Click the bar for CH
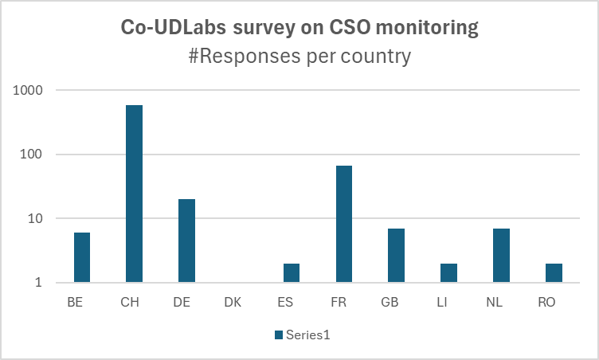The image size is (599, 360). [x=134, y=194]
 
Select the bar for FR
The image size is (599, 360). [x=343, y=224]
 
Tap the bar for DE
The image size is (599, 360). [x=186, y=241]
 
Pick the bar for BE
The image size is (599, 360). [x=82, y=257]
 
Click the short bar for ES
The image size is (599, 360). [x=292, y=272]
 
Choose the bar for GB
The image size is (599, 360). [x=396, y=255]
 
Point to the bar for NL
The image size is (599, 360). [x=501, y=255]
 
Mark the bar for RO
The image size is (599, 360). [x=554, y=272]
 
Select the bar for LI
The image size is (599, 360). [x=448, y=272]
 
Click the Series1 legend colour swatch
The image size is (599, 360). [x=279, y=335]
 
